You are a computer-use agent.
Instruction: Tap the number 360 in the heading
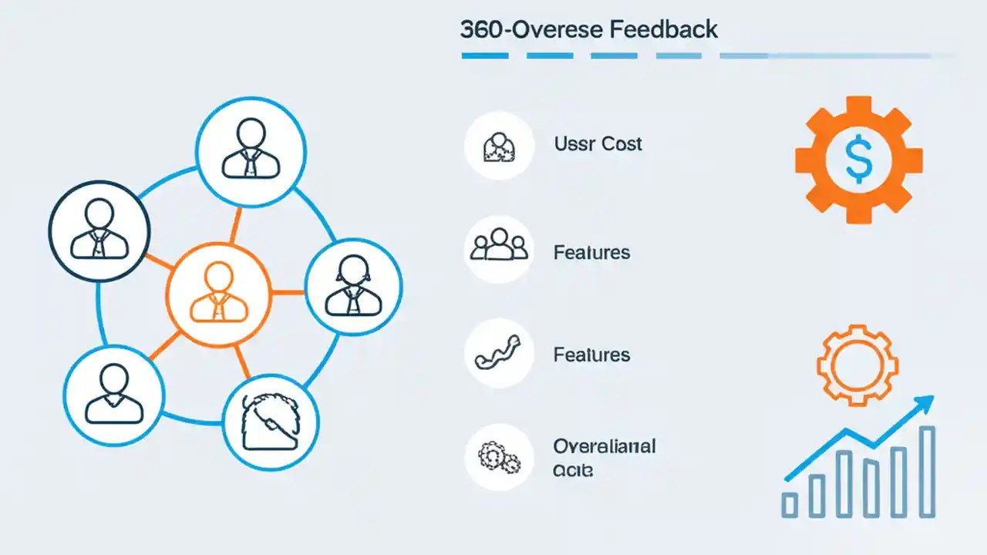pyautogui.click(x=478, y=30)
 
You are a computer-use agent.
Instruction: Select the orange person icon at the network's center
pyautogui.click(x=218, y=293)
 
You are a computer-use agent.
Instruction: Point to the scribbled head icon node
pyautogui.click(x=271, y=422)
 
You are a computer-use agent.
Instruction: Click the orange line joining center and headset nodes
pyautogui.click(x=288, y=292)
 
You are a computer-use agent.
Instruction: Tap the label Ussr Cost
pyautogui.click(x=598, y=144)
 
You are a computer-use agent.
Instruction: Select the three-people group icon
pyautogui.click(x=499, y=247)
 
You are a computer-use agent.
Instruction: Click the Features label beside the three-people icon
pyautogui.click(x=591, y=253)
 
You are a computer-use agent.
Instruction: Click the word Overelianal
pyautogui.click(x=604, y=446)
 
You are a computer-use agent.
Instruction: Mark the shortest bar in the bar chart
pyautogui.click(x=790, y=504)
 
